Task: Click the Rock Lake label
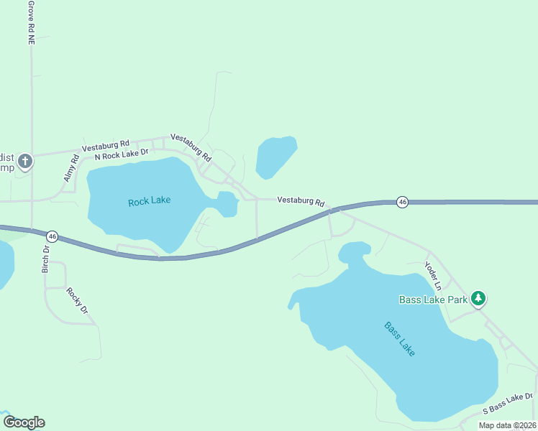pyautogui.click(x=149, y=201)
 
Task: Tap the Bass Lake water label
pyautogui.click(x=399, y=340)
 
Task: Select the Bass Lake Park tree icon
pyautogui.click(x=478, y=298)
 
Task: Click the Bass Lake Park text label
pyautogui.click(x=434, y=299)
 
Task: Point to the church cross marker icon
pyautogui.click(x=25, y=161)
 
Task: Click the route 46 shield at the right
pyautogui.click(x=402, y=203)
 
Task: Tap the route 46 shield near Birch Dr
pyautogui.click(x=52, y=236)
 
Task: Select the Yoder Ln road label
pyautogui.click(x=432, y=275)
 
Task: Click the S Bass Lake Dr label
pyautogui.click(x=507, y=403)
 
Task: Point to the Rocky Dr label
pyautogui.click(x=77, y=301)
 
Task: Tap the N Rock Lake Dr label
pyautogui.click(x=121, y=153)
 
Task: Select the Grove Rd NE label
pyautogui.click(x=31, y=23)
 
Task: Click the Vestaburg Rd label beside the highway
pyautogui.click(x=301, y=202)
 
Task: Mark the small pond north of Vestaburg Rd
pyautogui.click(x=276, y=157)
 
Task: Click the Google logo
pyautogui.click(x=24, y=422)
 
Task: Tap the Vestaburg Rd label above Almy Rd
pyautogui.click(x=105, y=143)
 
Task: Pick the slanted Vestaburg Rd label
pyautogui.click(x=191, y=147)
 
